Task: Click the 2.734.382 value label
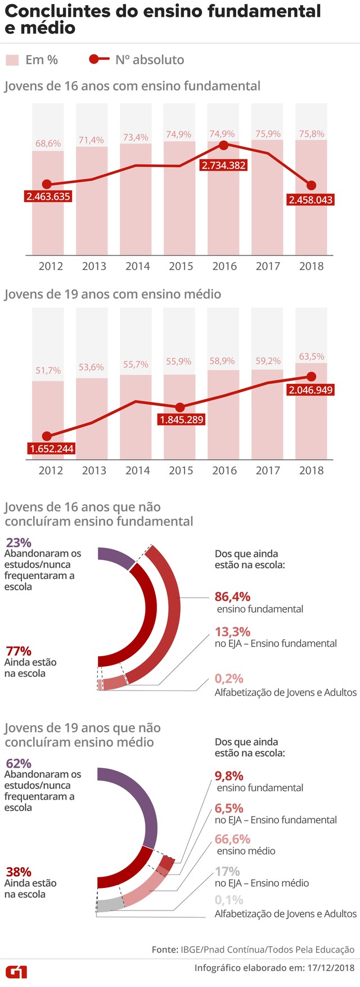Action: (224, 165)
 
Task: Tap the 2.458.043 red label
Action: (310, 200)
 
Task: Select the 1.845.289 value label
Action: (181, 420)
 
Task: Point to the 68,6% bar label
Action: (48, 143)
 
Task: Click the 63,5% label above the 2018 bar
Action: (311, 356)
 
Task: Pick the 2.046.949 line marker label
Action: (310, 390)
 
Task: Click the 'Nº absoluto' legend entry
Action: (150, 60)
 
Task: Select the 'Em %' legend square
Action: (12, 60)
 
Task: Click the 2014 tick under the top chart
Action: (137, 266)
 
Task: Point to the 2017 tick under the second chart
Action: (268, 470)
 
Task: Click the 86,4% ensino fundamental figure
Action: (232, 596)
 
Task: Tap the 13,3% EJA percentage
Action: (232, 631)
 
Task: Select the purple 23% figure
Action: (18, 542)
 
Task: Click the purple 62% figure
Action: (18, 764)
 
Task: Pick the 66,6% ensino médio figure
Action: (232, 839)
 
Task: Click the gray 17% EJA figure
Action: (227, 871)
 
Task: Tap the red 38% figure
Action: (18, 872)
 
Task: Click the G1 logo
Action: (16, 972)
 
